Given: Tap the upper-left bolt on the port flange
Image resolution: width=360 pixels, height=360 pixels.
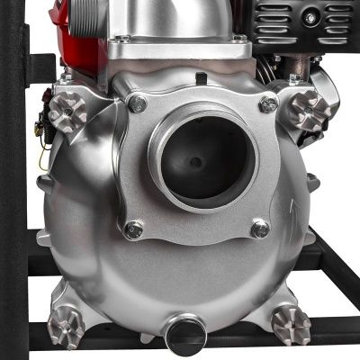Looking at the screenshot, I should pos(138,104).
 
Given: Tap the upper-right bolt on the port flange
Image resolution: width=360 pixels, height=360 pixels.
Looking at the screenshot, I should pos(267,103).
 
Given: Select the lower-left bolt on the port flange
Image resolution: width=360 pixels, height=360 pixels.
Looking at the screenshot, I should pos(134,229).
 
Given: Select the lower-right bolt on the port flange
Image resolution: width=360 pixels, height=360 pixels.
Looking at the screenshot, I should pos(260,229).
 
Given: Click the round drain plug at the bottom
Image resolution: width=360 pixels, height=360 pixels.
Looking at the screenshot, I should pos(185,331).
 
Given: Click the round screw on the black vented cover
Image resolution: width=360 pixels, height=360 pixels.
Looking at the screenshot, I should pos(310,18).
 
